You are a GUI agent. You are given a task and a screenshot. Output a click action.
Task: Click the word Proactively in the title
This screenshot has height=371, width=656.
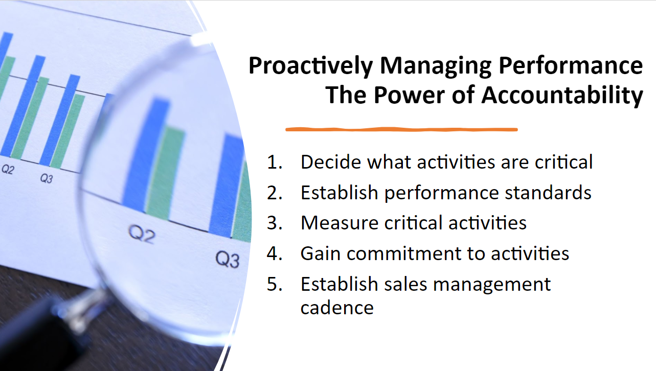click(x=311, y=66)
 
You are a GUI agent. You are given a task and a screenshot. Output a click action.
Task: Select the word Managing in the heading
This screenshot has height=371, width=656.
click(x=436, y=66)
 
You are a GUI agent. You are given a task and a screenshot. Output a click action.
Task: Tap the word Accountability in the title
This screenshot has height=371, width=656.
click(x=562, y=96)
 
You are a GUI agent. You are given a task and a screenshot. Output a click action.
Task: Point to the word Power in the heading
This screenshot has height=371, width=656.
click(x=410, y=95)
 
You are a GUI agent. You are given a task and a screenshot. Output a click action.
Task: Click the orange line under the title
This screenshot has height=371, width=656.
click(x=401, y=129)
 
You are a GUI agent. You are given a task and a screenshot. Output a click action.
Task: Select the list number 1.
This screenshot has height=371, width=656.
click(x=275, y=162)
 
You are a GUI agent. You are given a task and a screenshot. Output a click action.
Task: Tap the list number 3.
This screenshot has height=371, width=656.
click(x=275, y=223)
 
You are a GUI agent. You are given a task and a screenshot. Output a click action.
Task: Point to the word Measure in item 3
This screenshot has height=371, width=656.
click(x=340, y=223)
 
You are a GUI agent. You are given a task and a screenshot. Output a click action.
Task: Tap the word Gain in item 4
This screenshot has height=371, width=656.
click(x=321, y=253)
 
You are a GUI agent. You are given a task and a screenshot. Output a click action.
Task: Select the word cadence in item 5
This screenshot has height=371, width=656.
click(x=337, y=308)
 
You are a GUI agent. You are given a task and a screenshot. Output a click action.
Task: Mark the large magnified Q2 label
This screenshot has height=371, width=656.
click(x=142, y=235)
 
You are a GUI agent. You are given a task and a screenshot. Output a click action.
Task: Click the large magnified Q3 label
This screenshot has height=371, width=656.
click(x=228, y=259)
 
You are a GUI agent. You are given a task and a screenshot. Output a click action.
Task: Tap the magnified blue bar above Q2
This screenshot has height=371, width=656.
click(x=146, y=154)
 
